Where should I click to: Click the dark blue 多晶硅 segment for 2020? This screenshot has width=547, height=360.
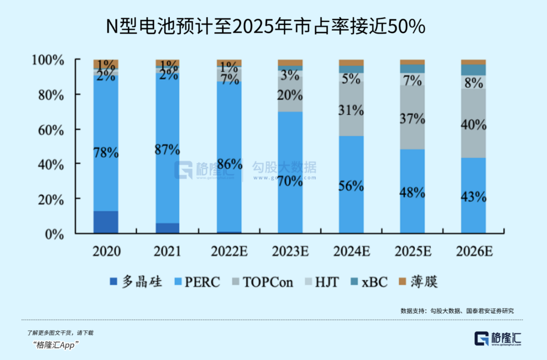(106, 222)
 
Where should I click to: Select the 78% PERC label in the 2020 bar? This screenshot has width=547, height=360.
(106, 152)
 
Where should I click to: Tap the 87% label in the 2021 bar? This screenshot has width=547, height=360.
(167, 150)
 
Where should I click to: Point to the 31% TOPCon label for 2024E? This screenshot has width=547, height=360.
(351, 110)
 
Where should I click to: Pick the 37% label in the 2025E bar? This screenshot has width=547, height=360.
(412, 119)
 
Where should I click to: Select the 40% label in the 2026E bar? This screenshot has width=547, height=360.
(473, 125)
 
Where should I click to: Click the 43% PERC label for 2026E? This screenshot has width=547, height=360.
(473, 197)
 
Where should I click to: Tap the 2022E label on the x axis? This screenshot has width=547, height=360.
(229, 251)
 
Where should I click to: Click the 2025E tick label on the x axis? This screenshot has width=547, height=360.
(412, 251)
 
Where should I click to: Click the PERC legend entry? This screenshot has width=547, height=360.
(196, 281)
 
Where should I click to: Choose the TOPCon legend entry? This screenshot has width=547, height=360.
(262, 281)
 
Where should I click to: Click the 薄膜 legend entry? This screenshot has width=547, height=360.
(418, 281)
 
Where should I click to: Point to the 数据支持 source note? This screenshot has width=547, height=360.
(457, 311)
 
